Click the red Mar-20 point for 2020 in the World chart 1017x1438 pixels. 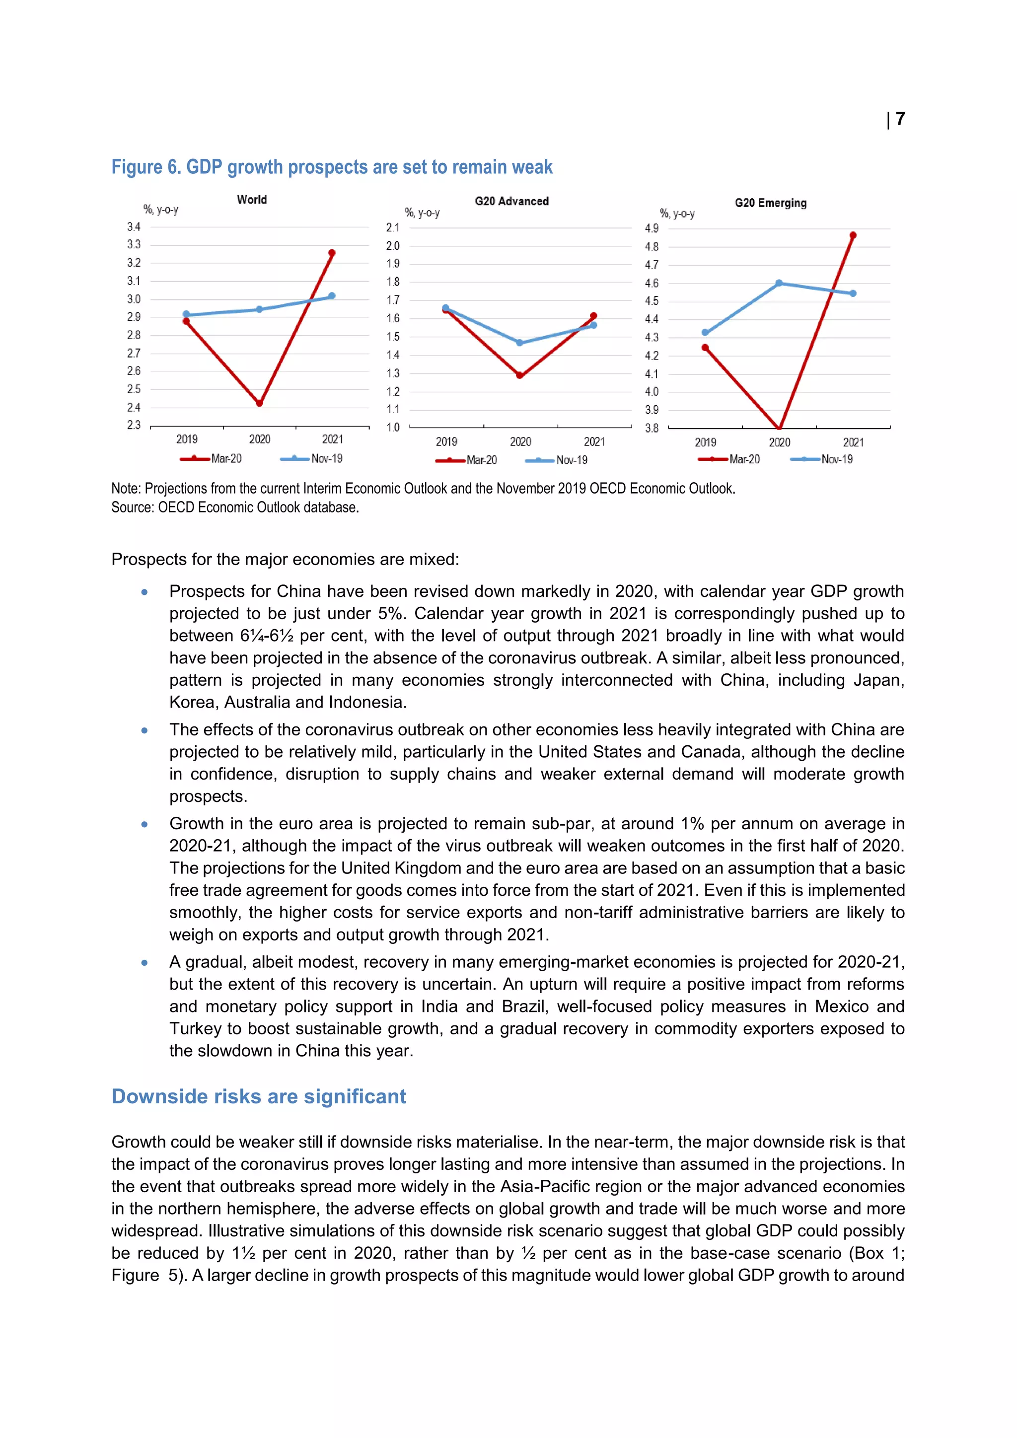pyautogui.click(x=259, y=403)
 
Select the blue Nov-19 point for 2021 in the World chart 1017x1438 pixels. pyautogui.click(x=332, y=295)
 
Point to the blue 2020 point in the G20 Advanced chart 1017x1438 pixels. pyautogui.click(x=520, y=343)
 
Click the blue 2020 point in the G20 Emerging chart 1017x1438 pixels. pyautogui.click(x=779, y=283)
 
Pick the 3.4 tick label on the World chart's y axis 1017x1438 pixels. pyautogui.click(x=134, y=227)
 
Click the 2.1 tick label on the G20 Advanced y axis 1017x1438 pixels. pyautogui.click(x=393, y=227)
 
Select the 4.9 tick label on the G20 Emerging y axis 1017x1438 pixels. pyautogui.click(x=652, y=228)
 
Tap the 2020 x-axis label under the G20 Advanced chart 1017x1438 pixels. pyautogui.click(x=520, y=441)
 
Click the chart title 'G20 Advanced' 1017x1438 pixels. pyautogui.click(x=511, y=201)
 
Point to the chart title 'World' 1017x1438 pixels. pyautogui.click(x=252, y=200)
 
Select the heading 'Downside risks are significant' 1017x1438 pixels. pyautogui.click(x=259, y=1096)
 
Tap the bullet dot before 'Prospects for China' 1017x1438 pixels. pyautogui.click(x=145, y=592)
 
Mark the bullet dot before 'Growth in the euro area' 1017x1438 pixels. pyautogui.click(x=145, y=824)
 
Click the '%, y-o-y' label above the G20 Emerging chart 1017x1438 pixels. pyautogui.click(x=677, y=214)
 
